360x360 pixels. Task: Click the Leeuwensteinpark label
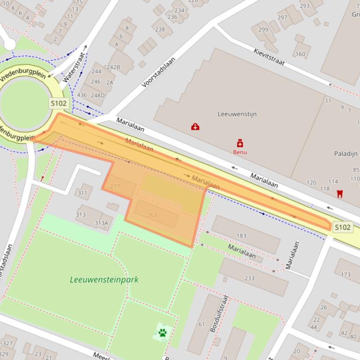pos(104,280)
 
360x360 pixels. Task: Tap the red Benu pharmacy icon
pos(240,143)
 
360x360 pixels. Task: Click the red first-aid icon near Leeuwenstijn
pos(195,127)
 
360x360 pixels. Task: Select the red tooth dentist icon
pos(340,193)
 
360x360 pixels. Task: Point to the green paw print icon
pos(162,333)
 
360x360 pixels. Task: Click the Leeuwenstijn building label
pos(237,114)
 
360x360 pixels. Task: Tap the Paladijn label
pos(345,153)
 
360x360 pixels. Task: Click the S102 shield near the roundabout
pos(59,103)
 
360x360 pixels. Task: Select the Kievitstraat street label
pos(269,58)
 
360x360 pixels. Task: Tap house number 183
pos(242,236)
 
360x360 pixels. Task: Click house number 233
pos(249,278)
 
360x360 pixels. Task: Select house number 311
pos(82,193)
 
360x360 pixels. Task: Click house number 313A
pos(101,223)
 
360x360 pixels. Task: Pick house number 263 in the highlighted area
pos(152,215)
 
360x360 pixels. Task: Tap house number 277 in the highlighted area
pos(115,186)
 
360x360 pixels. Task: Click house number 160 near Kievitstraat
pos(300,54)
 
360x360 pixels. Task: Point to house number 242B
pos(113,67)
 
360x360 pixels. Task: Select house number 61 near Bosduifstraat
pos(201,324)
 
